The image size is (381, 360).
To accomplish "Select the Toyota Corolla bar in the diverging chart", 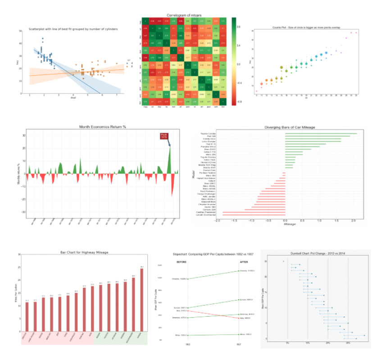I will coord(321,133).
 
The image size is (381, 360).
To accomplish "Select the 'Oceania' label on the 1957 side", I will coord(248,270).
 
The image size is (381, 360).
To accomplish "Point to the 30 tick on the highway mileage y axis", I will coord(18,255).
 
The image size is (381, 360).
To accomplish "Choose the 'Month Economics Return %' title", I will coord(102,127).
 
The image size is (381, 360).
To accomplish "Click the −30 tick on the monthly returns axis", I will coord(23,212).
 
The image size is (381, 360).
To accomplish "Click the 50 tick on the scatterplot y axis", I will coord(21,31).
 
